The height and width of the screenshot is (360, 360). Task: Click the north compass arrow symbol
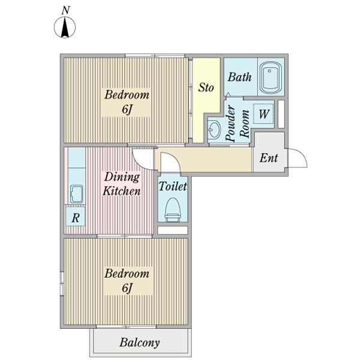pyautogui.click(x=65, y=27)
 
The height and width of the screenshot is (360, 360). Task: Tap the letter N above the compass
pyautogui.click(x=65, y=10)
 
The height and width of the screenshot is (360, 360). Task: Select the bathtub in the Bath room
pyautogui.click(x=271, y=77)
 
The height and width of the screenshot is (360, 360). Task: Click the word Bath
pyautogui.click(x=239, y=77)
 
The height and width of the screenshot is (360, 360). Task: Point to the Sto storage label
pyautogui.click(x=206, y=88)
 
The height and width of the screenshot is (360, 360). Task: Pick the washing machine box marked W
pyautogui.click(x=263, y=114)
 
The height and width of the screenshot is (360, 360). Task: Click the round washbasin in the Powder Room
pyautogui.click(x=215, y=130)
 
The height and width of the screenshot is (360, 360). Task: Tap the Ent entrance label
pyautogui.click(x=269, y=158)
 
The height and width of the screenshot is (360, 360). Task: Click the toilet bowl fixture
pyautogui.click(x=172, y=210)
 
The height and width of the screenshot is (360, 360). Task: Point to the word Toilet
pyautogui.click(x=173, y=186)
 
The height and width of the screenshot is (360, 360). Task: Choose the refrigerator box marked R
pyautogui.click(x=76, y=217)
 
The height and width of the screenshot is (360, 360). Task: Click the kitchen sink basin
pyautogui.click(x=76, y=194)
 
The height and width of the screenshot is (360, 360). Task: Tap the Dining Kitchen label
pyautogui.click(x=121, y=184)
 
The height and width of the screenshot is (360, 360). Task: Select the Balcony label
pyautogui.click(x=139, y=343)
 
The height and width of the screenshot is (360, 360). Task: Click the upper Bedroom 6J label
pyautogui.click(x=127, y=102)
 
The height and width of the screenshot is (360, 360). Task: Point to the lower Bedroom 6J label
pyautogui.click(x=127, y=281)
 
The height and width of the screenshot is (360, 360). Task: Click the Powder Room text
pyautogui.click(x=238, y=123)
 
